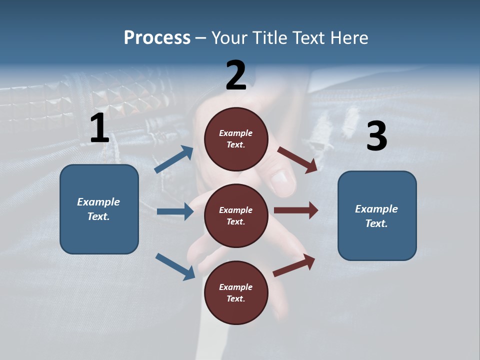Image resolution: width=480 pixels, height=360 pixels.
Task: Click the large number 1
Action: [x=99, y=128]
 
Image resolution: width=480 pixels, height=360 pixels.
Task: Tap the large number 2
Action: [x=236, y=75]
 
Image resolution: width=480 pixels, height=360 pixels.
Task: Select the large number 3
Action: [x=376, y=136]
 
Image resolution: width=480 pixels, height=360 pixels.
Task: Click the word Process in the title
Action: [x=157, y=37]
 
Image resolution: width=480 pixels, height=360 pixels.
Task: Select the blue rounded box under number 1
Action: [x=99, y=209]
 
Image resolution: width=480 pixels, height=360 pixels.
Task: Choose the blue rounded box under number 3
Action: [x=377, y=216]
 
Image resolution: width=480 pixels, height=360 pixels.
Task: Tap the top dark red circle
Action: [x=236, y=139]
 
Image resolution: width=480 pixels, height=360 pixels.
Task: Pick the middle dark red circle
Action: [x=236, y=215]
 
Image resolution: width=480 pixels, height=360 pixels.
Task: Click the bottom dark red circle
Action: [x=236, y=292]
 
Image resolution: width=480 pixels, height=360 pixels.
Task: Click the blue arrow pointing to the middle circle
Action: [x=175, y=211]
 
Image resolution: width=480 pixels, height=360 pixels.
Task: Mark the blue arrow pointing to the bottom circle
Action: [x=175, y=266]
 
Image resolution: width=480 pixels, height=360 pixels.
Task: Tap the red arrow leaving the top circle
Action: [x=297, y=159]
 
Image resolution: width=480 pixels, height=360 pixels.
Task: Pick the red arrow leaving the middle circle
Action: [x=296, y=210]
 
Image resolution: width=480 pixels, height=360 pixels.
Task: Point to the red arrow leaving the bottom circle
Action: [x=294, y=265]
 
